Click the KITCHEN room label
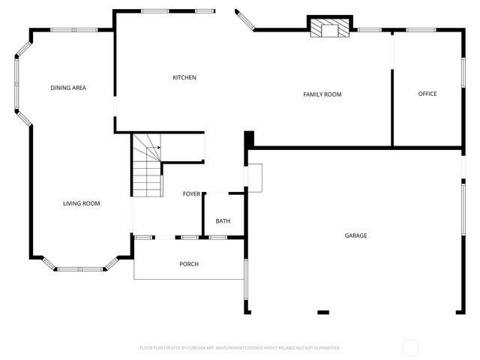click(184, 78)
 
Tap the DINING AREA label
click(68, 88)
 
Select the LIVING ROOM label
click(81, 203)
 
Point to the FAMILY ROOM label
click(322, 94)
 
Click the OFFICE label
click(427, 94)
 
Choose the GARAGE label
click(355, 235)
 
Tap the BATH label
click(223, 220)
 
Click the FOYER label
click(192, 194)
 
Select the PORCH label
click(189, 264)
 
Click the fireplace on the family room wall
click(330, 27)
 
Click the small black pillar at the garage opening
click(323, 312)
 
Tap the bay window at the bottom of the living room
click(81, 268)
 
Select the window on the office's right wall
click(463, 75)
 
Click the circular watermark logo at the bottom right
click(410, 347)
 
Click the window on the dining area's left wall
click(16, 82)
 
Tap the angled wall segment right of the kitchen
click(245, 20)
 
